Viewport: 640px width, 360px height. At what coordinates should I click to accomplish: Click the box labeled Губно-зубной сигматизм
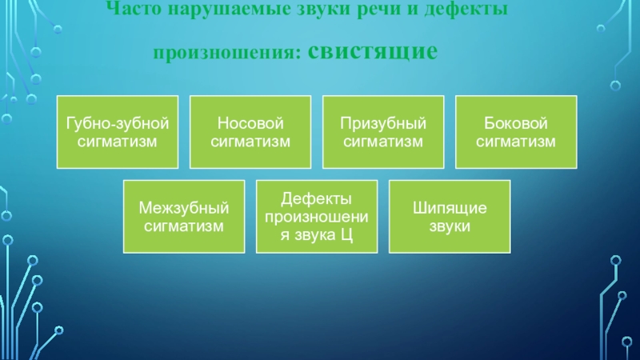click(117, 132)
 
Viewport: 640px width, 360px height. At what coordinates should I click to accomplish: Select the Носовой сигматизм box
click(250, 132)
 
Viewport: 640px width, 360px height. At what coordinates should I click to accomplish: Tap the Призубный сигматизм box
click(382, 132)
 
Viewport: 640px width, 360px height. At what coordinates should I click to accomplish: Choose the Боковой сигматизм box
click(515, 132)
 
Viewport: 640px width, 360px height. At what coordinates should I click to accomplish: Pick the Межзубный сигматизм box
click(183, 217)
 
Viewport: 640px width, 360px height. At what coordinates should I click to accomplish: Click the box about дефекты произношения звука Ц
click(316, 217)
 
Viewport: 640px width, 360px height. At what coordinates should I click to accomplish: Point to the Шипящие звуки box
click(449, 217)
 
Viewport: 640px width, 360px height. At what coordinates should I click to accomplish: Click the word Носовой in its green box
click(250, 124)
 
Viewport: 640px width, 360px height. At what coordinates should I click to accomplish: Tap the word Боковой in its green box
click(515, 124)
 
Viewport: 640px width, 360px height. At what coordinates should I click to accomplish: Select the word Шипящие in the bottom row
click(449, 209)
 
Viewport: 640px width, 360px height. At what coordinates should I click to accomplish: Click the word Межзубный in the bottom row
click(183, 209)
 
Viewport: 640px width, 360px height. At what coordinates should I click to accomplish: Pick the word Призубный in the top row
click(382, 124)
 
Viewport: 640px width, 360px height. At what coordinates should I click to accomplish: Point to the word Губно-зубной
click(117, 124)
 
